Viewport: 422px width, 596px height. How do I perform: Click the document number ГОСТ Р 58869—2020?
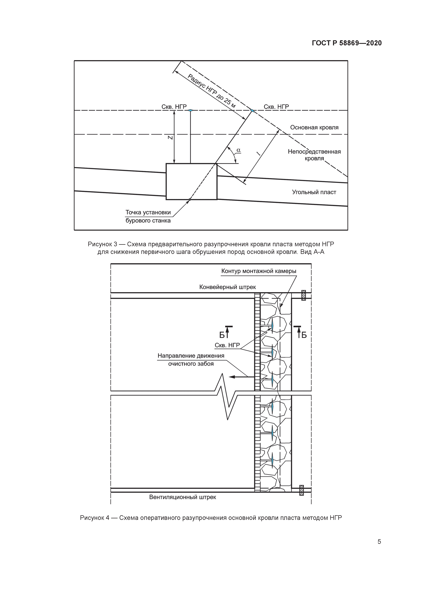pos(347,43)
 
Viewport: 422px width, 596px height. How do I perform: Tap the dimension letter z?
pos(170,138)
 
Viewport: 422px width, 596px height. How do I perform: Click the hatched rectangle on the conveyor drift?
pos(303,295)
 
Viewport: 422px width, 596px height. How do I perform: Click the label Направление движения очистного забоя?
pos(191,360)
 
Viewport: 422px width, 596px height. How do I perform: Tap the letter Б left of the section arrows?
pos(222,335)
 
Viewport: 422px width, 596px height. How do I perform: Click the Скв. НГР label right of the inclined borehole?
pos(276,107)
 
